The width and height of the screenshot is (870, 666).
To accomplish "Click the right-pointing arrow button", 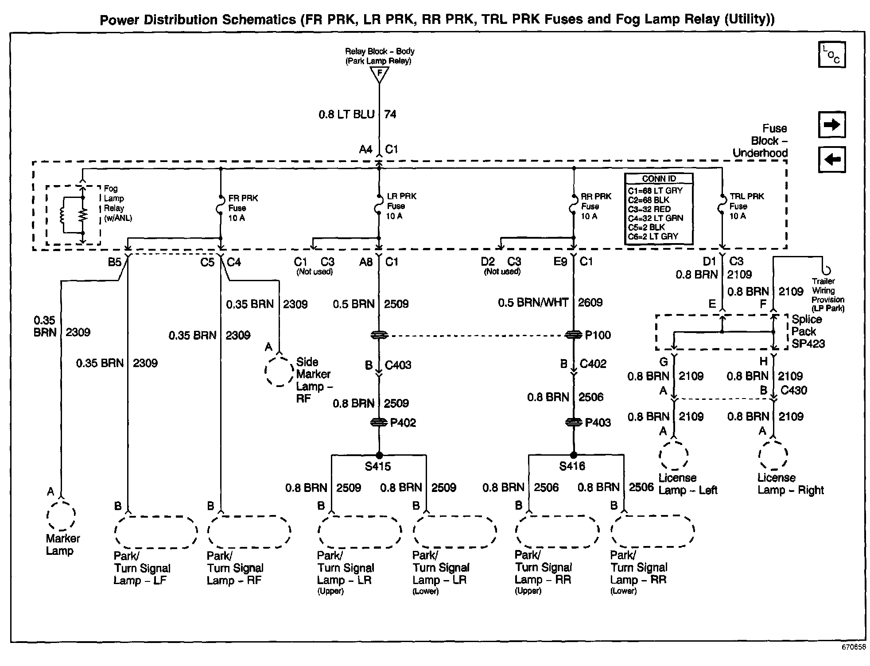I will [831, 125].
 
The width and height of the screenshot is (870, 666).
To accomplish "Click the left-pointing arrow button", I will [831, 159].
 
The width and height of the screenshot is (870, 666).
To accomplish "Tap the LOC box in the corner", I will [831, 55].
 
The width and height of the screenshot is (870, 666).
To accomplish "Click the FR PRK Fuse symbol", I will [221, 207].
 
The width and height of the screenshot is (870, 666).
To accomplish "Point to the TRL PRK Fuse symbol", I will [722, 207].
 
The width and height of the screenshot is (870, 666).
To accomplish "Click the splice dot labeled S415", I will [379, 455].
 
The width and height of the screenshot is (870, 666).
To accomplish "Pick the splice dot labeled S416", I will [574, 455].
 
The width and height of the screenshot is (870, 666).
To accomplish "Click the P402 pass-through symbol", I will [379, 422].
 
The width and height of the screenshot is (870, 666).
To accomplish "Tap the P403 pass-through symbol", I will [574, 422].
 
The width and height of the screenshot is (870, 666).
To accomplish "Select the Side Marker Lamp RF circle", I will [279, 370].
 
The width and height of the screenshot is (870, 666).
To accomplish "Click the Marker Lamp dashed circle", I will [61, 515].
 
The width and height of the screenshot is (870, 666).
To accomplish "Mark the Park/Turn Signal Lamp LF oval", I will [156, 531].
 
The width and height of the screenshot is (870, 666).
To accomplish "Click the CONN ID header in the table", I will [659, 178].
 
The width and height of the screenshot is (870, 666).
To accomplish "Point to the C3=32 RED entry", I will [649, 209].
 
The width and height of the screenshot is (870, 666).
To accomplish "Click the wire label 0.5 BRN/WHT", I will [533, 303].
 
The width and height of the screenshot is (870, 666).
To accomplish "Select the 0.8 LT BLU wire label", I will [346, 115].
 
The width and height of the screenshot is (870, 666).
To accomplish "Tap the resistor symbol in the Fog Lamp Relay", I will [82, 215].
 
